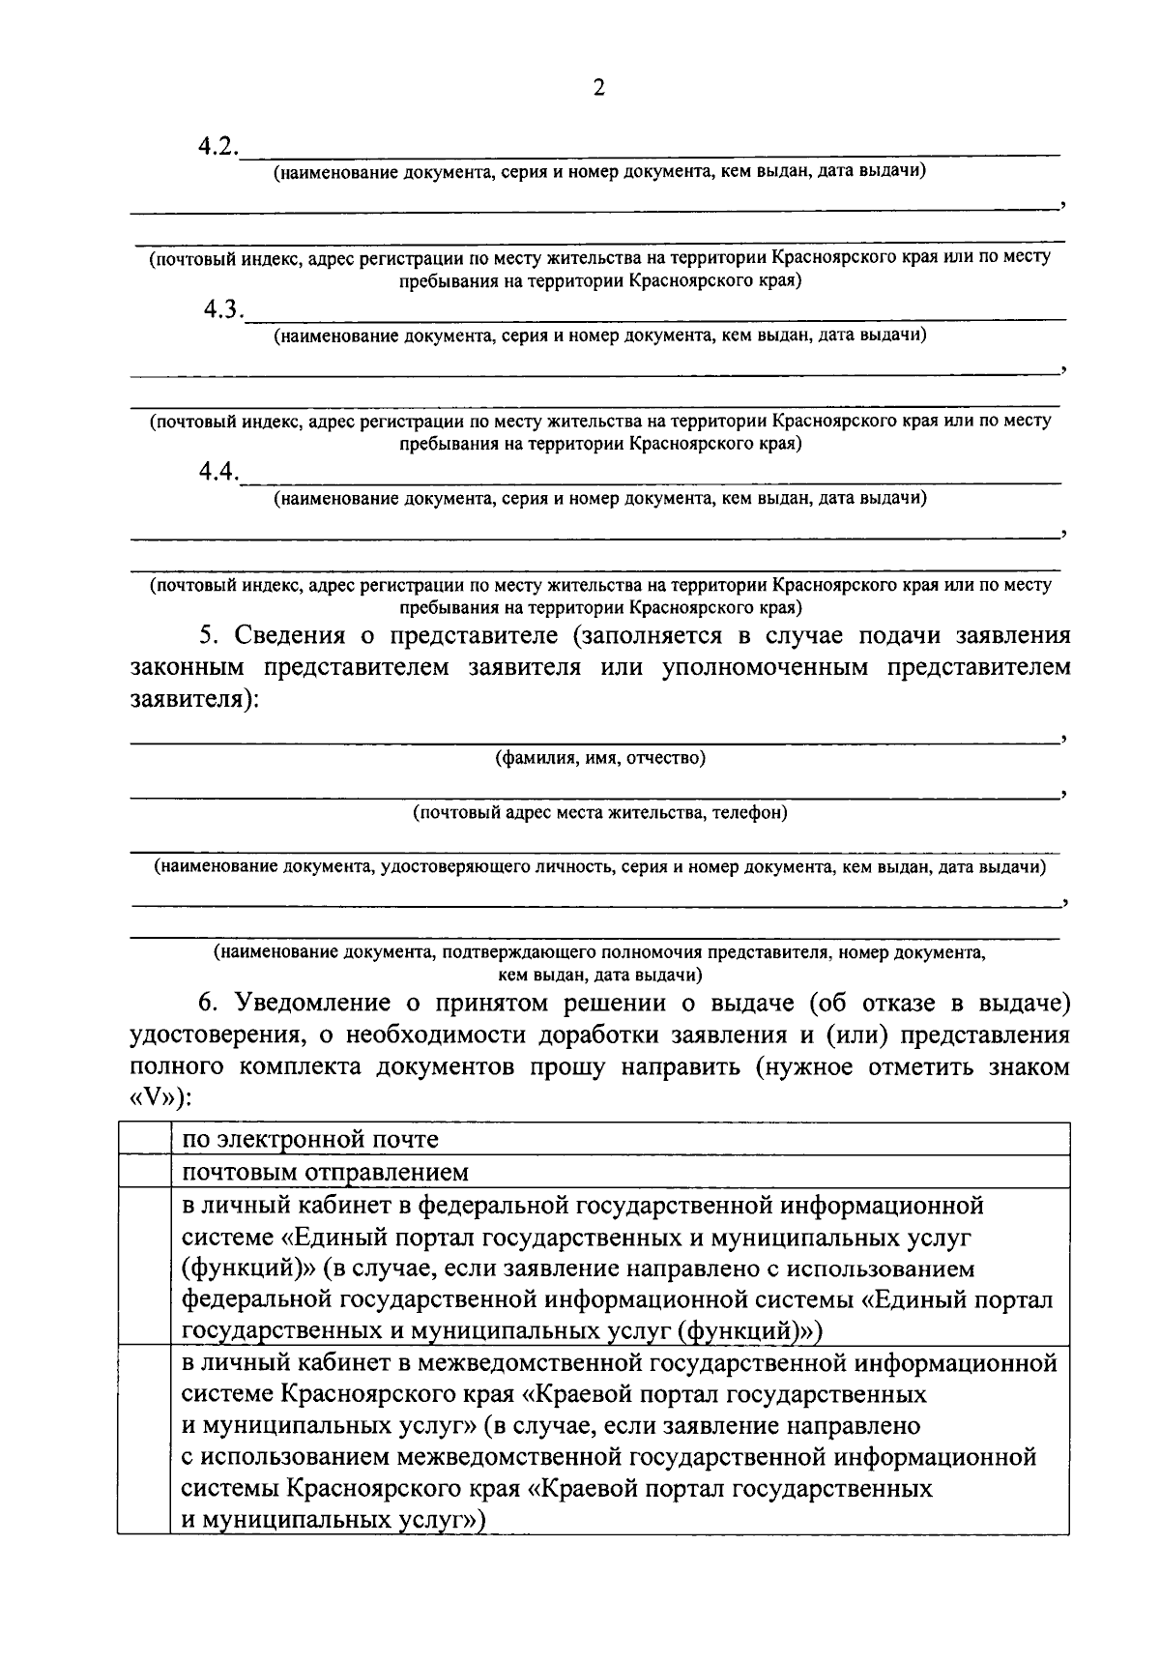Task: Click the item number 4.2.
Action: pyautogui.click(x=218, y=147)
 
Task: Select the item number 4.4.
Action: pyautogui.click(x=218, y=473)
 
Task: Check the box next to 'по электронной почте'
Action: pyautogui.click(x=145, y=1139)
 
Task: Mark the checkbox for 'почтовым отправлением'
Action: pyautogui.click(x=145, y=1172)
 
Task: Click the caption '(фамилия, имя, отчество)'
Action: pyautogui.click(x=600, y=758)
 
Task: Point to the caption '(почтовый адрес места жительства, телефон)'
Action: pyautogui.click(x=600, y=813)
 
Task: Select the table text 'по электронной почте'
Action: pyautogui.click(x=310, y=1139)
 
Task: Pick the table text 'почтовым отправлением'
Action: pyautogui.click(x=326, y=1173)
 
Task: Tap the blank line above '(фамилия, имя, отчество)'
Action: pyautogui.click(x=594, y=740)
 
